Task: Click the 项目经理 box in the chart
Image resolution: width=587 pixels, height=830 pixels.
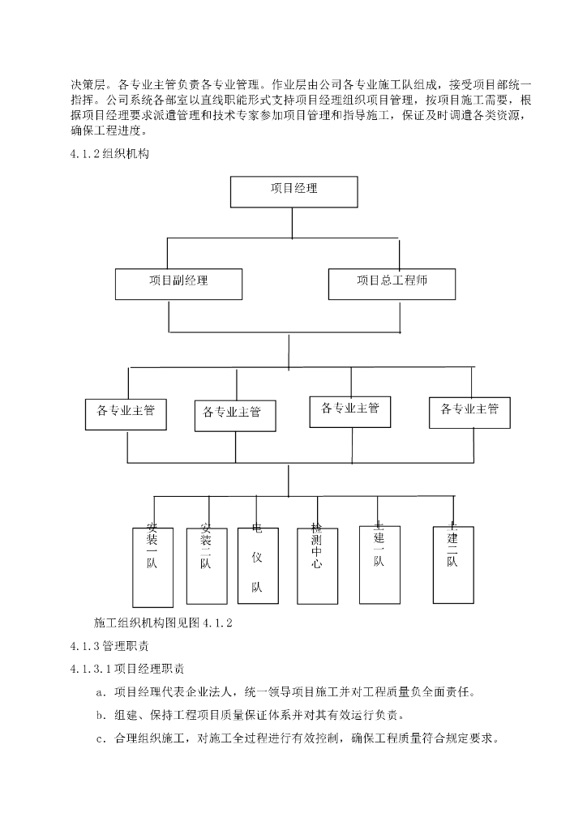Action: coord(293,192)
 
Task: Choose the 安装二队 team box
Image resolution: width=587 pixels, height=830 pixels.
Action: coord(205,564)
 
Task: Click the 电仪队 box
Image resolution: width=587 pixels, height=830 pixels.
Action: coord(257,565)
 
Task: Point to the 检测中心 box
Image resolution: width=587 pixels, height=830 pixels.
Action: coord(316,564)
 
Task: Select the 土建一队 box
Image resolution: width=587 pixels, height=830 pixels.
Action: coord(379,563)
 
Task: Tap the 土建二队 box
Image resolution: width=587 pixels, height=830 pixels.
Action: coord(452,563)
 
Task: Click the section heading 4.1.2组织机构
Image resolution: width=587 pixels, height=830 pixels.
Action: coord(109,152)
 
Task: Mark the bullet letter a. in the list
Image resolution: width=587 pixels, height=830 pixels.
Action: coord(101,692)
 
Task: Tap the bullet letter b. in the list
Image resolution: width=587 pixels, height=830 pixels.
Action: coord(101,716)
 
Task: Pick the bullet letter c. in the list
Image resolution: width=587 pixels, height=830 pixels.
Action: coord(101,739)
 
